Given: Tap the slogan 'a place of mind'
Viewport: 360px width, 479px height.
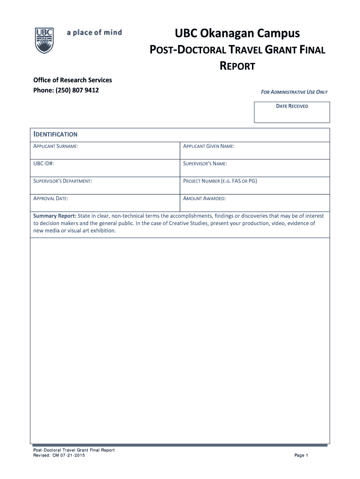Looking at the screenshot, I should click(94, 32).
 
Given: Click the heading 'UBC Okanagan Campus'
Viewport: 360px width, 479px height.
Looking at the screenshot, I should click(238, 34).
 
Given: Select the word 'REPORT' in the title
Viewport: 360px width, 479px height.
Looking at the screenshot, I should click(238, 66).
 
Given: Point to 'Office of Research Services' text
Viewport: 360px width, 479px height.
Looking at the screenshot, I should click(72, 80).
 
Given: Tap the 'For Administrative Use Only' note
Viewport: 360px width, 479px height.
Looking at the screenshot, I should click(294, 92).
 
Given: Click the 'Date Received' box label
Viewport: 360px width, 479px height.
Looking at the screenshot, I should click(292, 106).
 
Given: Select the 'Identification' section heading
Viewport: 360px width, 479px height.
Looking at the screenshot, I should click(55, 134).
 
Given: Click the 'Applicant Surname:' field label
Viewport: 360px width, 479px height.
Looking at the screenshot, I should click(56, 147).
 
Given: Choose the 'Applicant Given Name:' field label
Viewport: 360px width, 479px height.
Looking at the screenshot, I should click(209, 147).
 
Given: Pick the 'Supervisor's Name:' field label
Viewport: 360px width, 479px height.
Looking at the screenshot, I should click(205, 164).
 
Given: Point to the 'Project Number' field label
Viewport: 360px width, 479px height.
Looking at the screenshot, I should click(220, 181).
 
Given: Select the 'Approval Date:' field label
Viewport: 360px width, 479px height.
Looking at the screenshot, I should click(51, 199).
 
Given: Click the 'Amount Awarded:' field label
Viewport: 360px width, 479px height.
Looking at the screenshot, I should click(204, 199).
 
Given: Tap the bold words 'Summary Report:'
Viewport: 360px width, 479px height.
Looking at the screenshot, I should click(54, 216).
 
